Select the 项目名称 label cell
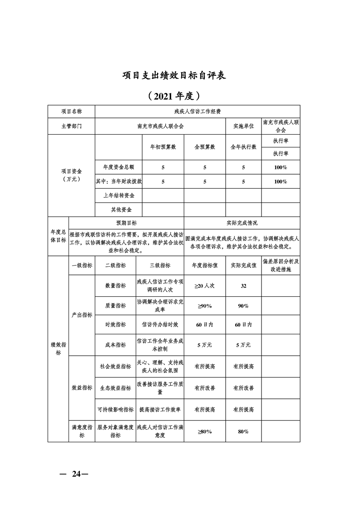tap(71, 111)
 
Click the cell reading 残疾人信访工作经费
tap(197, 111)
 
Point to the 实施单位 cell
tap(243, 126)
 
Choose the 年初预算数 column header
tap(163, 147)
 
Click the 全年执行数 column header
tap(243, 147)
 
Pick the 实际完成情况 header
tap(242, 223)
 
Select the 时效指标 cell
tap(115, 325)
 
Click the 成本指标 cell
tap(115, 345)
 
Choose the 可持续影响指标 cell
tap(115, 409)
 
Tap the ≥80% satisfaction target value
tap(205, 431)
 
